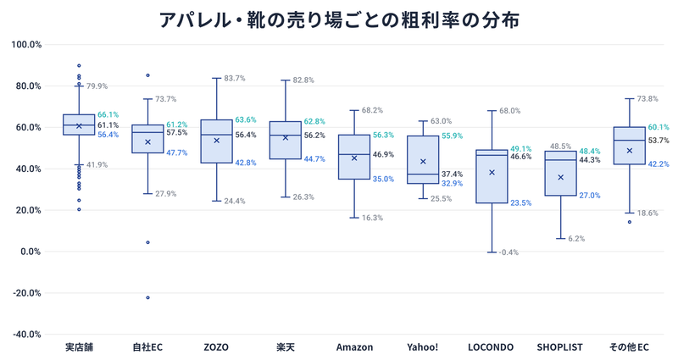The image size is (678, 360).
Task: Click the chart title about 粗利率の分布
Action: (x=339, y=18)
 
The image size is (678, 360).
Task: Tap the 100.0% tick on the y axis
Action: (x=25, y=44)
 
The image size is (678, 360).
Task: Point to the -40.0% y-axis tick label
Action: (x=25, y=334)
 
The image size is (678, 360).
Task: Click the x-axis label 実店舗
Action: (x=79, y=347)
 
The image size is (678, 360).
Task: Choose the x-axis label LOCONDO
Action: (x=492, y=347)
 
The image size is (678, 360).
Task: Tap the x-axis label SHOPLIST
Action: (x=560, y=347)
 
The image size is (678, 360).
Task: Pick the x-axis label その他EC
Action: (x=629, y=347)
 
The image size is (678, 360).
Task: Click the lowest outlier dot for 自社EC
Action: (x=147, y=297)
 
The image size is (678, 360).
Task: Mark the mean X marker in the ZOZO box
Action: (x=216, y=141)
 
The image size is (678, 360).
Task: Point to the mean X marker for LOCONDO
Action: (x=492, y=172)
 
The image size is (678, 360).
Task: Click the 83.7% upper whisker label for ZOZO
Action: (x=234, y=79)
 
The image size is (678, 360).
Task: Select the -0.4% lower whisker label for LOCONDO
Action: (x=509, y=252)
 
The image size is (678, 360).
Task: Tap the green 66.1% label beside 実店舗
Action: (x=108, y=114)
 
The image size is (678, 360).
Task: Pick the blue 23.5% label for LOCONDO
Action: (x=520, y=203)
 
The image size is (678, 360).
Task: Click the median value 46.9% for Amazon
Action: (x=383, y=155)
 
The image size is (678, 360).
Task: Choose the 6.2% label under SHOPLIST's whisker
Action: (x=575, y=239)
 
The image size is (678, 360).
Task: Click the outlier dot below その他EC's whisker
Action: (x=629, y=222)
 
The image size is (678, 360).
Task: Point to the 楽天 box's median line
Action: (x=285, y=136)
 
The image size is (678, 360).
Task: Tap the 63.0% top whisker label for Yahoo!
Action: (x=441, y=121)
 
